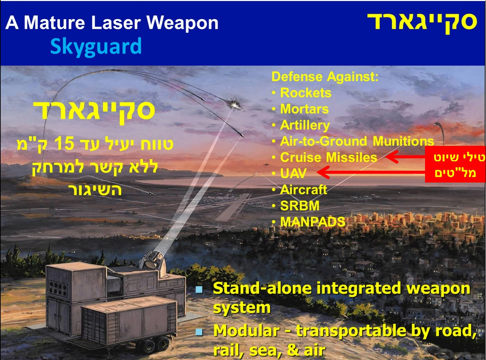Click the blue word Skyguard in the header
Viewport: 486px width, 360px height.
point(96,46)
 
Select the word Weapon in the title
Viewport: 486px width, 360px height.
point(183,23)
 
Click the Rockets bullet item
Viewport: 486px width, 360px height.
point(305,93)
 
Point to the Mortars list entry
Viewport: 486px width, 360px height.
point(304,109)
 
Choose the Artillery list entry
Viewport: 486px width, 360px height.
point(305,125)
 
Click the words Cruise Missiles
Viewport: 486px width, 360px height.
point(329,157)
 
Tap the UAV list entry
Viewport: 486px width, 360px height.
point(293,173)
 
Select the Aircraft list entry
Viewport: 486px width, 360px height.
point(303,190)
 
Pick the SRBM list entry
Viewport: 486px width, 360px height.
point(300,205)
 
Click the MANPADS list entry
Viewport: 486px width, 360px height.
point(313,222)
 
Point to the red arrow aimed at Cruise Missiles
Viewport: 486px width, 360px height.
point(405,157)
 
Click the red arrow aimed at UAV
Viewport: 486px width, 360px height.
point(371,172)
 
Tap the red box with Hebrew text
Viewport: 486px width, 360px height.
point(455,164)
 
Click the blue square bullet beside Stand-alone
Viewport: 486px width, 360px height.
point(199,290)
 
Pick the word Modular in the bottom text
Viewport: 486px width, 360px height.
point(247,331)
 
